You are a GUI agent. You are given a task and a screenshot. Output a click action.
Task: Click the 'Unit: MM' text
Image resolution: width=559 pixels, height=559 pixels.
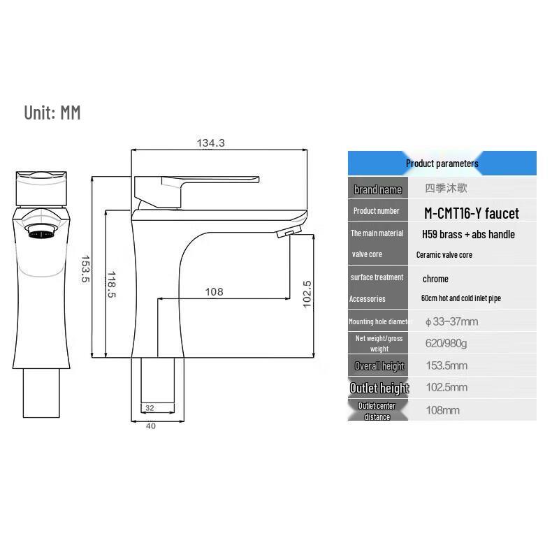52,112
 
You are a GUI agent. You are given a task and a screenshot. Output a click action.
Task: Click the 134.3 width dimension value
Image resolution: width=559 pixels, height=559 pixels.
210,143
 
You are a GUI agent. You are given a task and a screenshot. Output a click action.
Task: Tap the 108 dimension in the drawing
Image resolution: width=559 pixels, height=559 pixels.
214,291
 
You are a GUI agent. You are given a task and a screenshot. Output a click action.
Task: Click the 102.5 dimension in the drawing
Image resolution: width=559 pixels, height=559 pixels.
307,293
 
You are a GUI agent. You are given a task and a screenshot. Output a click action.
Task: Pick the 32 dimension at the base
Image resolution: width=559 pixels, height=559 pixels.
150,408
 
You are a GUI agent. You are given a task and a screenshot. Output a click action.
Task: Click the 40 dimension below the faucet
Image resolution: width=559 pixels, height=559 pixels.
151,426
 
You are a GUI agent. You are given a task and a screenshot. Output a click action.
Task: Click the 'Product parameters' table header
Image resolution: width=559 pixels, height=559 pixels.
442,164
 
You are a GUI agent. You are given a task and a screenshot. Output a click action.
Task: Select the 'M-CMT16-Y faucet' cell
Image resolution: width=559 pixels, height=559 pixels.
472,212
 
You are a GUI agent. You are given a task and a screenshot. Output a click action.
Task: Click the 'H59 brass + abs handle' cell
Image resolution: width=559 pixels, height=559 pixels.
468,234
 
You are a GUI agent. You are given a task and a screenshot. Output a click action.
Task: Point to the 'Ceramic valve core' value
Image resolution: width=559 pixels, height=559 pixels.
444,255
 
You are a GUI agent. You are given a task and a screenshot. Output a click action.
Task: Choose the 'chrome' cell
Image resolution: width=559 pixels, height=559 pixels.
435,278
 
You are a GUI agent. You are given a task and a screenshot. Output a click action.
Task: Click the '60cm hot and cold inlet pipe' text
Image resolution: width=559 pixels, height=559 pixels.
460,298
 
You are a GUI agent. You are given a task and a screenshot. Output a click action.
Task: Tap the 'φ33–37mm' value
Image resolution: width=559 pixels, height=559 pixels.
451,321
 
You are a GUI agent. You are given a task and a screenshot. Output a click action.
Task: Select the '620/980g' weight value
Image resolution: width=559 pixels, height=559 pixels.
447,343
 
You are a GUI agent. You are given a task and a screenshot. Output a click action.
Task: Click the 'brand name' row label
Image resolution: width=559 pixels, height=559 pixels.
378,189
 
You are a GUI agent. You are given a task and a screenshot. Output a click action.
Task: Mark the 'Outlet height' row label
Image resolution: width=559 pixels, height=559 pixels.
379,388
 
